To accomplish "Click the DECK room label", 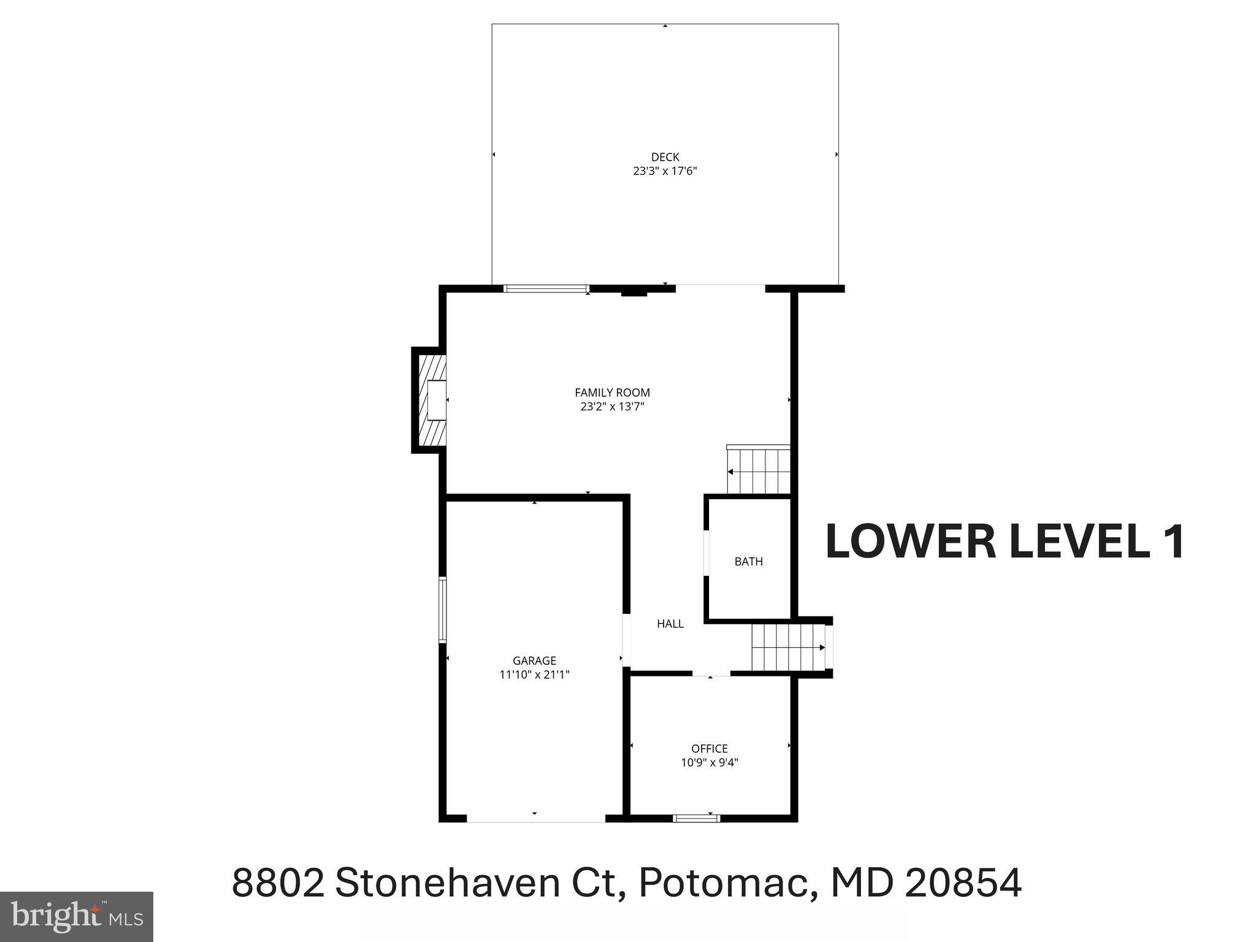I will (665, 157).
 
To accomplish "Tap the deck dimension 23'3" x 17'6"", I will (665, 171).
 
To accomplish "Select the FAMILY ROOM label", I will (612, 392).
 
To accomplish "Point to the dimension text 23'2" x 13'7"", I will (612, 407).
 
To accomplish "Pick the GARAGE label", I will (534, 661).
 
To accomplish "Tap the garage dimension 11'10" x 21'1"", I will (534, 675).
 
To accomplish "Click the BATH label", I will (749, 561).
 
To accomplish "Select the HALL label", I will (670, 624).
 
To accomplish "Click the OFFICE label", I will (710, 748).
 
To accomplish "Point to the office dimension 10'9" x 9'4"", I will (710, 763).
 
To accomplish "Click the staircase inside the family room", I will (759, 470).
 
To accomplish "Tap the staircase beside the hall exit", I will (787, 648).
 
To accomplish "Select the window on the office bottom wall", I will (696, 818).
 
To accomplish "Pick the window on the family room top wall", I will (546, 288).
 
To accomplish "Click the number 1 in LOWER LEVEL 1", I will (1174, 542).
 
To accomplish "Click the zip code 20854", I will (963, 883).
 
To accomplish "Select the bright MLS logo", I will (76, 916).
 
